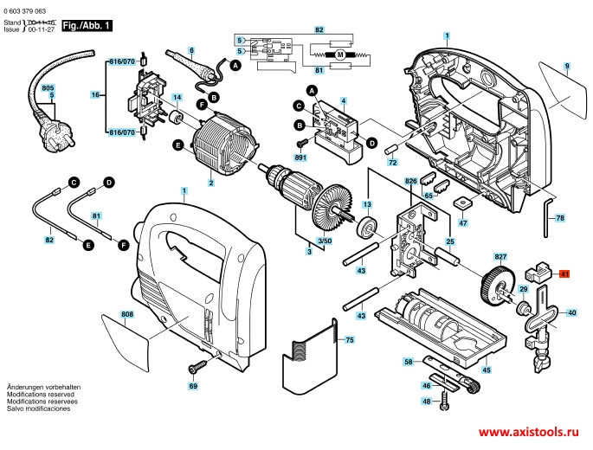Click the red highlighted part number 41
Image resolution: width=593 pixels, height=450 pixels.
[565, 274]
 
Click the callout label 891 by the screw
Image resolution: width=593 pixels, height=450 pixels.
[301, 157]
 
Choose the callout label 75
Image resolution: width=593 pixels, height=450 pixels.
[349, 341]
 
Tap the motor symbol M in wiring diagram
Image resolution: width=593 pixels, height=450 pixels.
[340, 55]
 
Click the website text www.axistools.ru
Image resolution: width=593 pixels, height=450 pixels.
[528, 431]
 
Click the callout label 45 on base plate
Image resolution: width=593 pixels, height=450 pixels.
[487, 370]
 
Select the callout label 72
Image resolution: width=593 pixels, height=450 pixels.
[391, 162]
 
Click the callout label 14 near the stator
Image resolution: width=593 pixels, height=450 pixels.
[177, 97]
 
